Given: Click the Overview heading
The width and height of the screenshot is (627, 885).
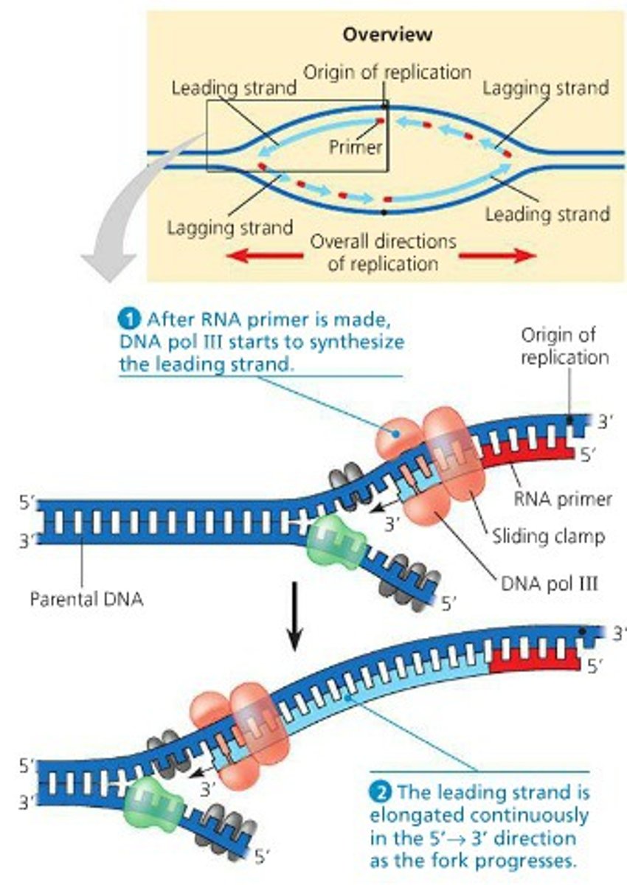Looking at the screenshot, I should tap(387, 34).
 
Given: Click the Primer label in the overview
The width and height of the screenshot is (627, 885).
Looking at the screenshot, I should tap(356, 147).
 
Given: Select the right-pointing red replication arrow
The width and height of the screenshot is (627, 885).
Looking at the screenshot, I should tap(497, 255).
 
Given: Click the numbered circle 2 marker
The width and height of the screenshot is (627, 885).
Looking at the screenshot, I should tap(378, 794).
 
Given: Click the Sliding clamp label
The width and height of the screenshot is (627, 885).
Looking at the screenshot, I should tap(548, 536).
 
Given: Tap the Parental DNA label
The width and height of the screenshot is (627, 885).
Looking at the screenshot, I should tap(86, 598).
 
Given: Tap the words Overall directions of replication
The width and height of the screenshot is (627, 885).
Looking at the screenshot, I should tap(382, 251).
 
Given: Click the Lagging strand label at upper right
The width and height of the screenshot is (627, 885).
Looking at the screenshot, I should tap(546, 88).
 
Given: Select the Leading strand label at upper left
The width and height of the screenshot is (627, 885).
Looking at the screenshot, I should tap(233, 88).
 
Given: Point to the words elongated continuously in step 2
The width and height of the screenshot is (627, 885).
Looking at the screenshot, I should tap(479, 816).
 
